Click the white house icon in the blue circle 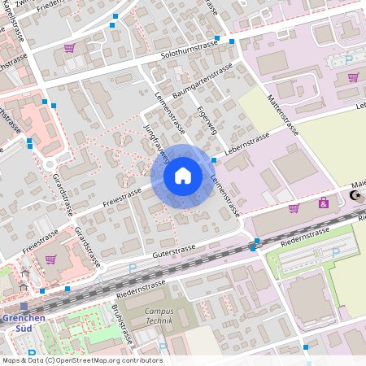point(183,176)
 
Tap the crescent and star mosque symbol point(355,195)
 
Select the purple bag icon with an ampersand point(324,203)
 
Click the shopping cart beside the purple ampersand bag point(294,208)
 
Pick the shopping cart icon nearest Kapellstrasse point(69,48)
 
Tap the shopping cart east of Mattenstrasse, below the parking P point(353,78)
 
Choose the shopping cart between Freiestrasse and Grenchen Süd point(50,259)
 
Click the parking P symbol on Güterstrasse point(133,268)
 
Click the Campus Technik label point(159,316)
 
